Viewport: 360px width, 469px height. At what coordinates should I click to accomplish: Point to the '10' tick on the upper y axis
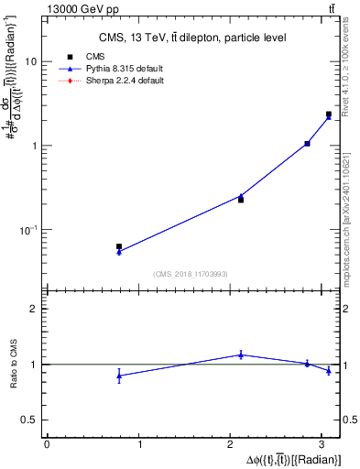[x=30, y=61]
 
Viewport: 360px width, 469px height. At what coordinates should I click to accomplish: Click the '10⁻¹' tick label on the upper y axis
[x=27, y=230]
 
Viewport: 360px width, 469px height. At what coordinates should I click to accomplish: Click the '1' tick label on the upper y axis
[x=33, y=146]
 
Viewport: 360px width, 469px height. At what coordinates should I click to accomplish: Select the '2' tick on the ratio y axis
[x=33, y=309]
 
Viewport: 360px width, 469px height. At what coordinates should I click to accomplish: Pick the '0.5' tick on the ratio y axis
[x=29, y=419]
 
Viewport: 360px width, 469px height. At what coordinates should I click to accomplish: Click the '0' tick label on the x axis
[x=47, y=443]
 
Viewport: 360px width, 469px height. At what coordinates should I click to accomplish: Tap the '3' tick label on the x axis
[x=326, y=443]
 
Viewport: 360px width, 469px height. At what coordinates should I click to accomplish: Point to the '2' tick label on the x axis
[x=233, y=443]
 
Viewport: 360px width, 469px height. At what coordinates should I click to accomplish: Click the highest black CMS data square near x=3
[x=329, y=115]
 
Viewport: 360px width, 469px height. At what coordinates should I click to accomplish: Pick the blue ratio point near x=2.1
[x=241, y=354]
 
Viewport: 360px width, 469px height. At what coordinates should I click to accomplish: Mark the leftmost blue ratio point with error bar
[x=119, y=376]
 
